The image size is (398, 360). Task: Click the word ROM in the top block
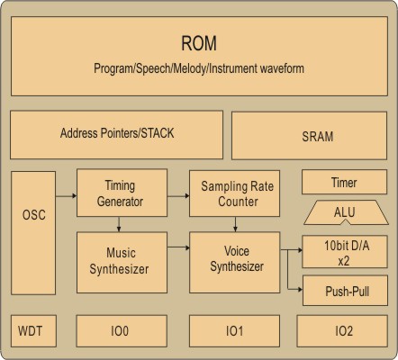pos(199,43)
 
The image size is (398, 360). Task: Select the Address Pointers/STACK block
pos(116,135)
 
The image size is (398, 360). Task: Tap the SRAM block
pos(310,136)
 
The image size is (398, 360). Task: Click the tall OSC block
pos(33,233)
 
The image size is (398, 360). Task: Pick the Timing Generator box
pos(122,193)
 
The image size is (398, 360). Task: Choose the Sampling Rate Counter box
pos(234,193)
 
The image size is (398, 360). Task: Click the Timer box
pos(344,182)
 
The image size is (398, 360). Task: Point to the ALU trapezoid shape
pos(346,212)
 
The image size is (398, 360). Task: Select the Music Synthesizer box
pos(122,262)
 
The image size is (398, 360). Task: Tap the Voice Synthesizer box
pos(234,262)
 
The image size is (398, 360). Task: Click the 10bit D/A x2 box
pos(345,252)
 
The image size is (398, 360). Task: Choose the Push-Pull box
pos(345,291)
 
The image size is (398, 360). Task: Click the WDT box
pos(33,331)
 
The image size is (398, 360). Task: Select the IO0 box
pos(122,331)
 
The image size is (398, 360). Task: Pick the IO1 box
pos(234,331)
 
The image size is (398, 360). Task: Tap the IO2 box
pos(342,331)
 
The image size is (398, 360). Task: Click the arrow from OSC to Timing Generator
pos(66,196)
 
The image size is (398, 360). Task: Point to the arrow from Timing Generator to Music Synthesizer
pos(119,224)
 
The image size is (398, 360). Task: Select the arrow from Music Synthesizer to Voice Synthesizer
pos(178,247)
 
